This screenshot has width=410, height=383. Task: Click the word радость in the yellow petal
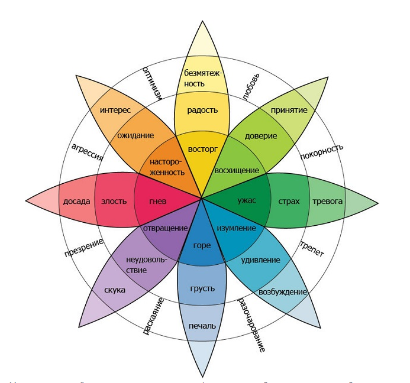point(202,110)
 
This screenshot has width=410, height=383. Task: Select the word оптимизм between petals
point(151,83)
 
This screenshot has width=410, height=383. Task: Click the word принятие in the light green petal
point(289,110)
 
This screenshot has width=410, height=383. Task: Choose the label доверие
point(260,136)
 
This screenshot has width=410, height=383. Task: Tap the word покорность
point(321,157)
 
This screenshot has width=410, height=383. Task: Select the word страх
point(289,201)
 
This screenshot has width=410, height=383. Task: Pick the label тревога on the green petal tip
point(327,201)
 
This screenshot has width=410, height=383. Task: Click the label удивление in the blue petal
point(261,259)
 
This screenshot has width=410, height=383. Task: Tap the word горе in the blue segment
point(202,245)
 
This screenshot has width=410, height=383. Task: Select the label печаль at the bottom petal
point(202,326)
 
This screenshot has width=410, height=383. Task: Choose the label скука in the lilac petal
point(114,290)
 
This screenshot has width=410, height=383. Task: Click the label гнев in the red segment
point(158,201)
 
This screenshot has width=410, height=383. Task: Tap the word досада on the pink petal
point(76,201)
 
